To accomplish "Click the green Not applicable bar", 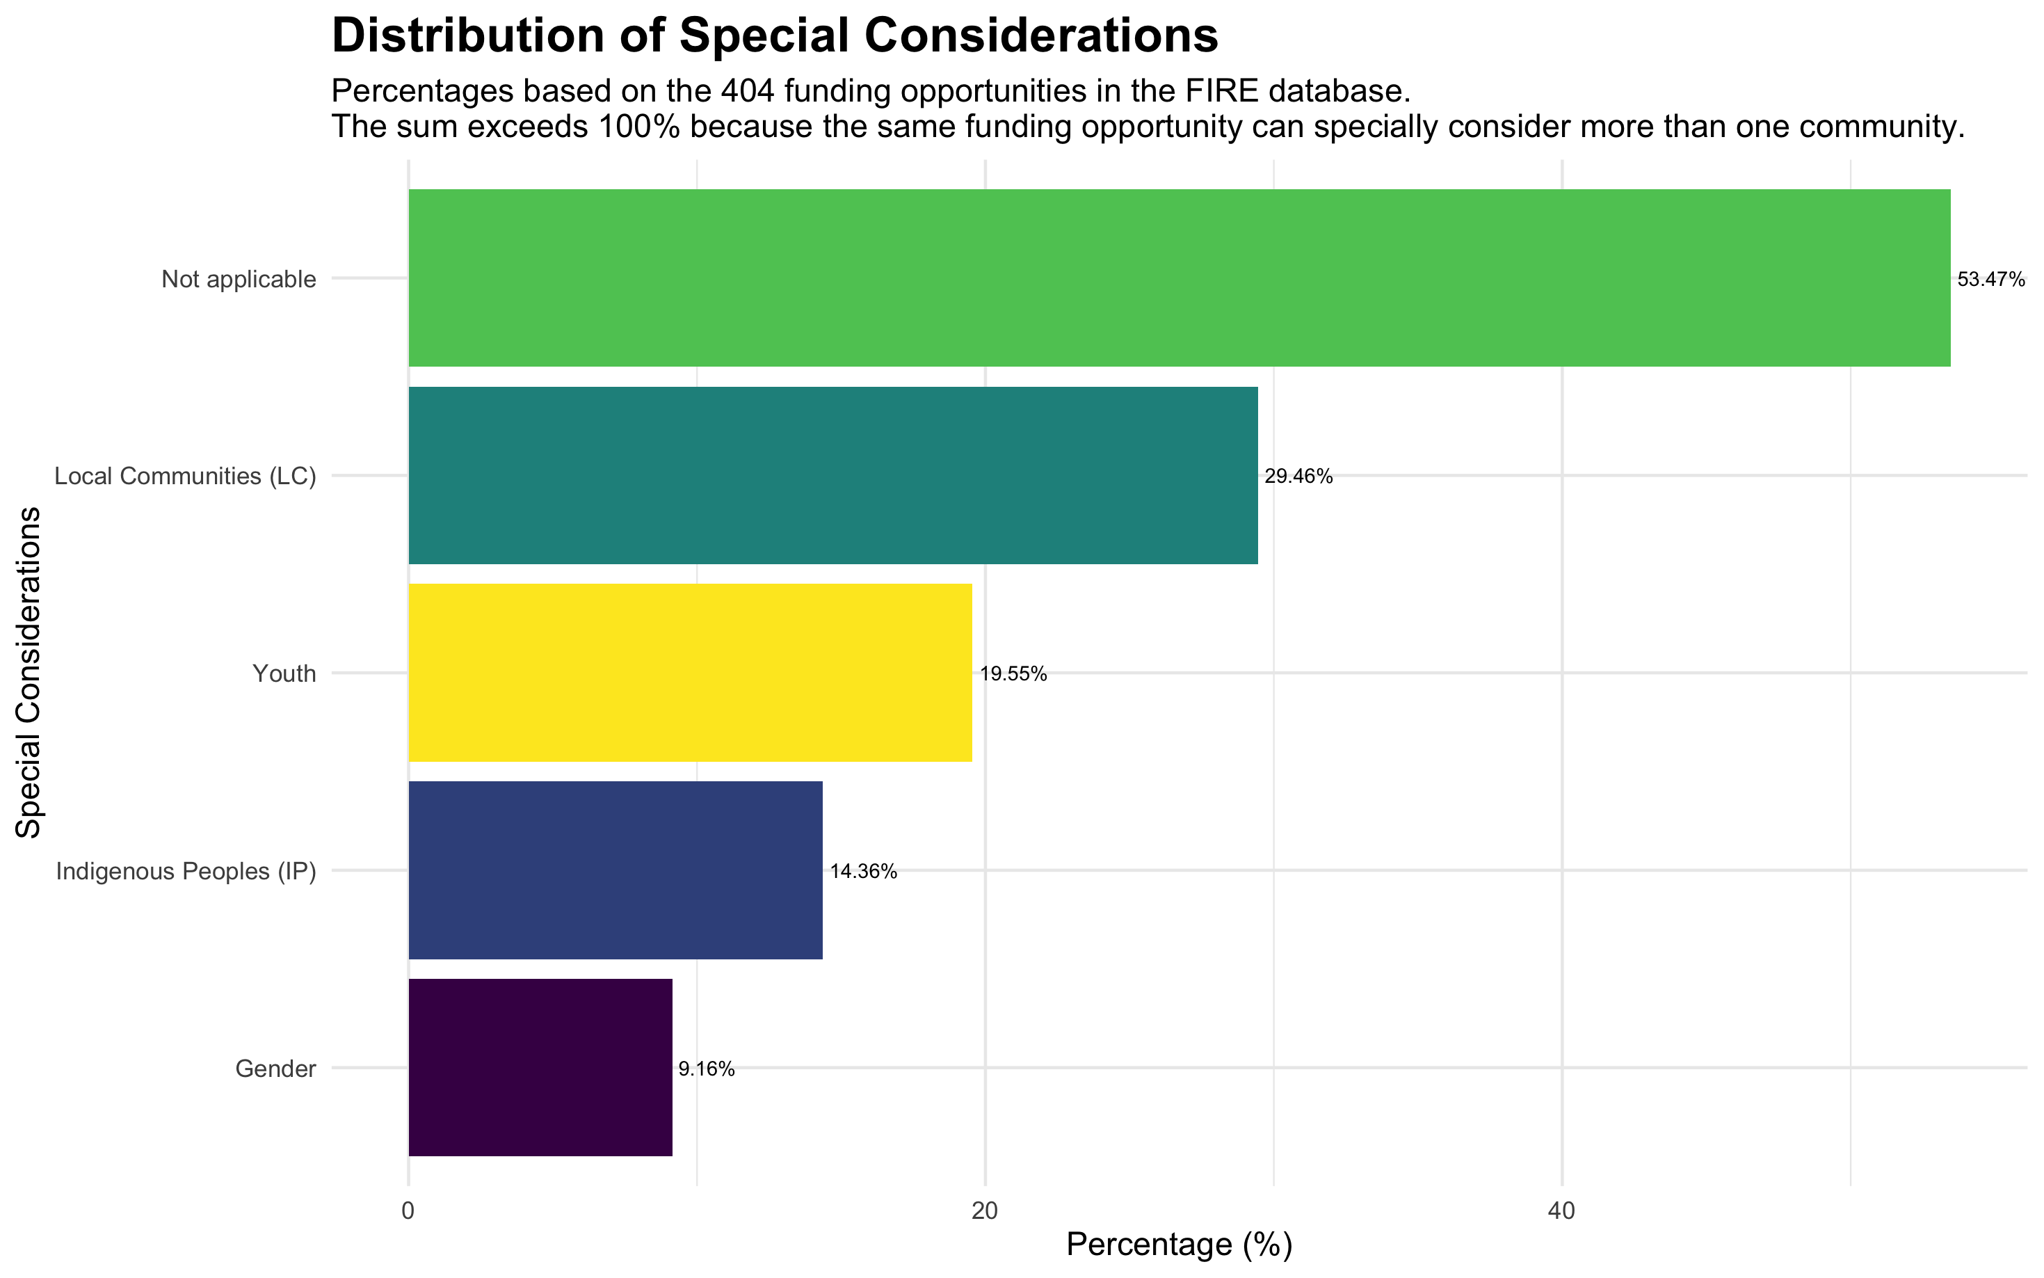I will [1179, 278].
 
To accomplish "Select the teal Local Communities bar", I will [832, 475].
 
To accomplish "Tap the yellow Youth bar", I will [689, 673].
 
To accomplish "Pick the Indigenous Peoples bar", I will [615, 870].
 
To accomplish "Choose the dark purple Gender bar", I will [540, 1067].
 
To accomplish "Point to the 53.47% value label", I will [1990, 280].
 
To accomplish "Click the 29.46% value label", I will [1298, 477].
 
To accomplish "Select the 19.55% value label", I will [1013, 673].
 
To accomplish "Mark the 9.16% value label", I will [707, 1069].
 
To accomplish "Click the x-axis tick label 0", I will [408, 1211].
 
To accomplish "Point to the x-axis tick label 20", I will [984, 1211].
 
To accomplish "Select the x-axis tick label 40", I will [1561, 1211].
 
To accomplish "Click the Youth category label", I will [284, 673].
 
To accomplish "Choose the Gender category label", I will [275, 1069].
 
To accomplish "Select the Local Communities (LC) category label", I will [185, 477].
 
